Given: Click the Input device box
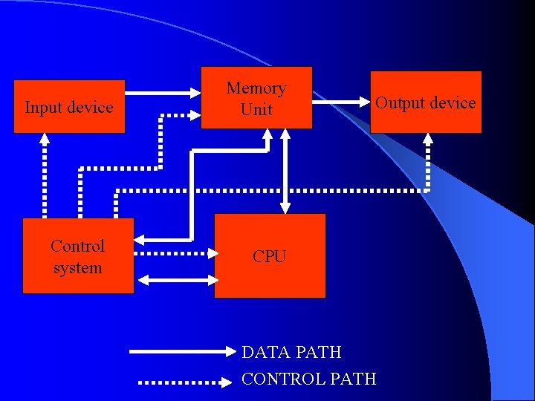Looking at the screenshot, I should click(69, 106).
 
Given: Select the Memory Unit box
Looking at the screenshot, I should click(256, 97).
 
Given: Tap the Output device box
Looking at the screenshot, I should click(426, 102).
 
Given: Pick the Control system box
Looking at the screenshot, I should click(78, 255).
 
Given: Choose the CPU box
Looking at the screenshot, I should click(270, 255).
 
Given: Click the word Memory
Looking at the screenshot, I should click(256, 88).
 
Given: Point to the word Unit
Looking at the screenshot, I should click(256, 109).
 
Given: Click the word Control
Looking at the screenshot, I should click(78, 246).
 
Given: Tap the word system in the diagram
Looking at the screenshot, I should click(78, 267).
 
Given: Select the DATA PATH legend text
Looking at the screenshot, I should click(291, 352).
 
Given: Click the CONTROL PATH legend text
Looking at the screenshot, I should click(309, 379).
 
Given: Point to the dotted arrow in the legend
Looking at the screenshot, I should click(186, 382).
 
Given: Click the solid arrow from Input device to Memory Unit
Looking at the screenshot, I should click(163, 94).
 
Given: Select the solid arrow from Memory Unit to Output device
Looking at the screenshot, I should click(341, 101).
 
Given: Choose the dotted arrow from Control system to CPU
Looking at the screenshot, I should click(177, 253).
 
